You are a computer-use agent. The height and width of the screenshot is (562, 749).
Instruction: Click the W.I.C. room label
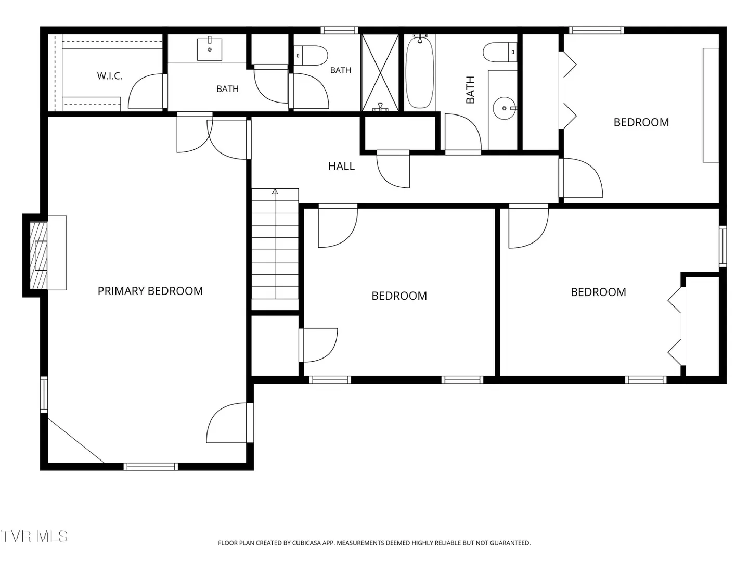110,76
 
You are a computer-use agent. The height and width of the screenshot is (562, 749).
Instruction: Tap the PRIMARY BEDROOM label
150,291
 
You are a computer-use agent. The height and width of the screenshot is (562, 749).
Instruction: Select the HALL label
341,166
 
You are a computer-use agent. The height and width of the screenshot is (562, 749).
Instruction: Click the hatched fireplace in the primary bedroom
38,255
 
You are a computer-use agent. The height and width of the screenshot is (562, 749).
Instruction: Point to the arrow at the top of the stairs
275,191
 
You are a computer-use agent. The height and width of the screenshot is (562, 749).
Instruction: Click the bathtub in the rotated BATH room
420,72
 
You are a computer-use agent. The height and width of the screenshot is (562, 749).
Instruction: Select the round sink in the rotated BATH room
505,108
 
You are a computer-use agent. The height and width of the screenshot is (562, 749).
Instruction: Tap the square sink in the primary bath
210,49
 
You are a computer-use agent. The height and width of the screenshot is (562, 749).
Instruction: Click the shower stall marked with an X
380,72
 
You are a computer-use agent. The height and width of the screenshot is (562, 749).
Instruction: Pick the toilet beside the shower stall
311,55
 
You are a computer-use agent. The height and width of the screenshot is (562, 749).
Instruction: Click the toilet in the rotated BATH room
500,52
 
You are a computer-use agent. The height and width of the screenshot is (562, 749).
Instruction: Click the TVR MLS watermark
34,537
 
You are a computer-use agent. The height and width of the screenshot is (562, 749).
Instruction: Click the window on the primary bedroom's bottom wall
150,466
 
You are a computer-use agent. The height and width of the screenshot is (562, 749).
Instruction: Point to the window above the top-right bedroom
596,30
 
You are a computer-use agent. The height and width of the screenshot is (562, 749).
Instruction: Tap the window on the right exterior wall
722,246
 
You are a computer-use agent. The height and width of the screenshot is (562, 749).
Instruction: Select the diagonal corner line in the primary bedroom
76,440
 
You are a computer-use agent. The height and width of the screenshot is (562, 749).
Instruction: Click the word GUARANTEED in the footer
511,543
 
